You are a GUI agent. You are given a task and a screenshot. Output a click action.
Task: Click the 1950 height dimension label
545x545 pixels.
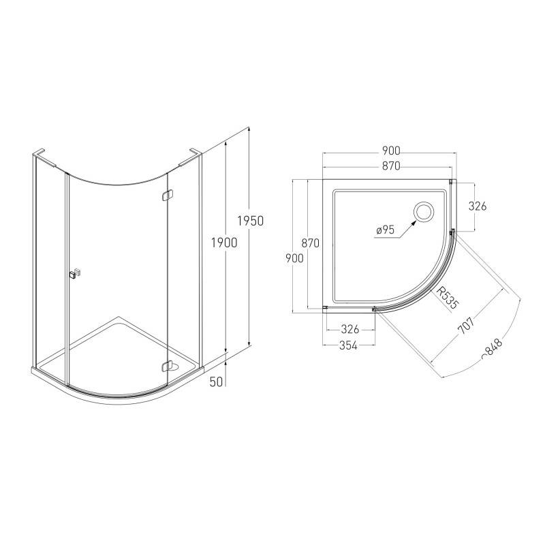click(x=251, y=221)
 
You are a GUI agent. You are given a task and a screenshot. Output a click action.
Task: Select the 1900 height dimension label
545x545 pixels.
click(x=224, y=243)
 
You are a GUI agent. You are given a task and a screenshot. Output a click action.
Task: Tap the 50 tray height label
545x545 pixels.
click(x=216, y=381)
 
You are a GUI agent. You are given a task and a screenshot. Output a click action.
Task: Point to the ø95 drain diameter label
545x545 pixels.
click(x=385, y=230)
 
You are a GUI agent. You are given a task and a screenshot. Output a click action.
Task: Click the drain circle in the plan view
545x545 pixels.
click(x=423, y=211)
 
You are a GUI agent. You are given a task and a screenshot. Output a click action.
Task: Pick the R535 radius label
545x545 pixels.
click(x=448, y=298)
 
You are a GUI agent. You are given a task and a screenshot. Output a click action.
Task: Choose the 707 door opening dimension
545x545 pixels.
click(x=466, y=326)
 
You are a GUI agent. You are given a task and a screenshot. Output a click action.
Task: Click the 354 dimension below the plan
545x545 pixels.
click(x=348, y=345)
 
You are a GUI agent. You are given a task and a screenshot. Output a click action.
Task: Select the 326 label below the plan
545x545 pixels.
click(x=349, y=329)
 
